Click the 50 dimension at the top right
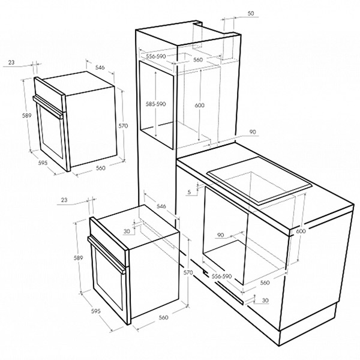tap(251, 14)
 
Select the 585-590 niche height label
tap(155, 104)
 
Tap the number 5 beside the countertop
tap(189, 192)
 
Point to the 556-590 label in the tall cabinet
tap(156, 56)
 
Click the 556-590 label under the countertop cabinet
tap(221, 276)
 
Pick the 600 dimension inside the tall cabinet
tap(199, 105)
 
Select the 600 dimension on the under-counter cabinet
tap(301, 231)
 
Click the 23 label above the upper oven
tap(11, 62)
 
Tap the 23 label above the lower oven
tap(64, 200)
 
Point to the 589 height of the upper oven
tap(26, 115)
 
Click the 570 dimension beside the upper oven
tap(123, 125)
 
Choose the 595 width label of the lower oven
tap(96, 311)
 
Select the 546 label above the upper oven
tap(100, 67)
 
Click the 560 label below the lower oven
tap(163, 317)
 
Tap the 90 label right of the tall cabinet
tap(253, 132)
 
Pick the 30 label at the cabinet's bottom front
tap(265, 301)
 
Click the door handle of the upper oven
tap(48, 107)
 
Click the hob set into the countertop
tap(259, 180)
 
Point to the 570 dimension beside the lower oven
tap(188, 272)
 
